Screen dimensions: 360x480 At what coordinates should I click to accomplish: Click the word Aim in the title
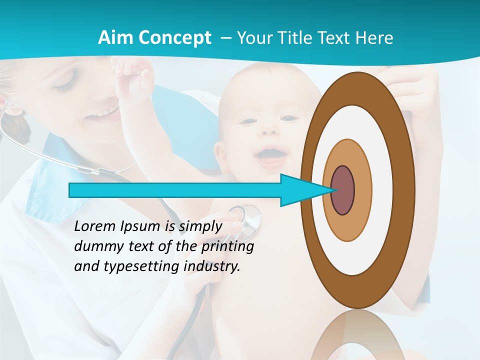pyautogui.click(x=115, y=37)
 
